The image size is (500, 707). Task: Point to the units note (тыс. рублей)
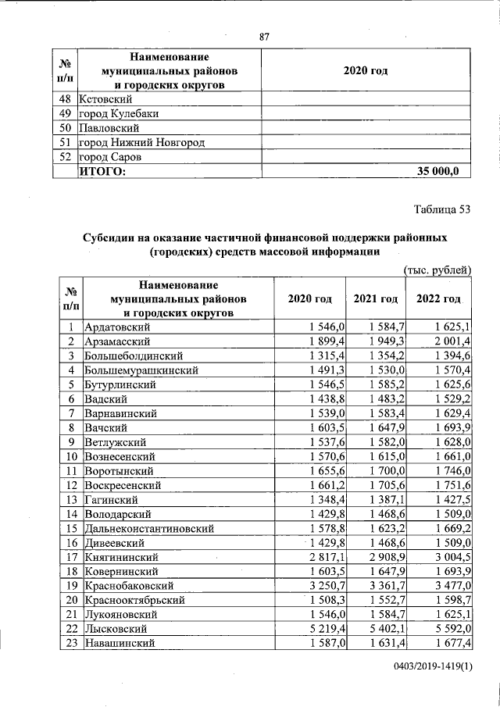[437, 270]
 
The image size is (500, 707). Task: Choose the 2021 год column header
[376, 299]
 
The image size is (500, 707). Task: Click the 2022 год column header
[439, 299]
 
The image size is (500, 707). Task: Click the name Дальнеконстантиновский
[146, 529]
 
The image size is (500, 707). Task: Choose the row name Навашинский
[117, 643]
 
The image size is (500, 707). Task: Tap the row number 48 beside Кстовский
[66, 100]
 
